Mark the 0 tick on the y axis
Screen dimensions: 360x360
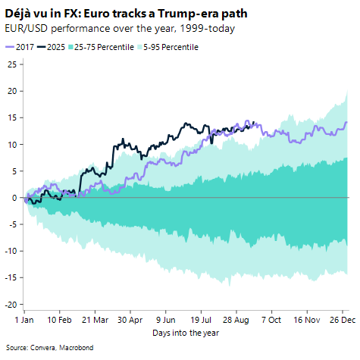tap(14, 198)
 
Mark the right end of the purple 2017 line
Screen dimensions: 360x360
tap(347, 122)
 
